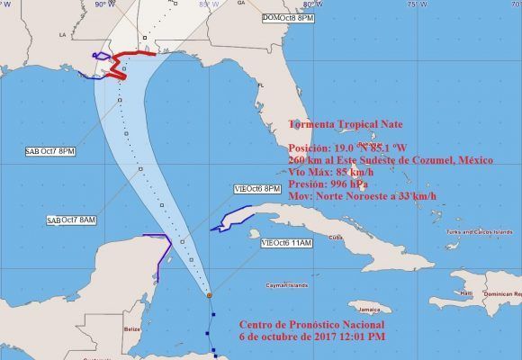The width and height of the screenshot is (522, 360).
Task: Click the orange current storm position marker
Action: click(209, 295)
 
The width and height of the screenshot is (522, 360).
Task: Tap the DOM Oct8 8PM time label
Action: click(288, 18)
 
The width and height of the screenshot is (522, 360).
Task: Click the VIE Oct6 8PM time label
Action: click(256, 188)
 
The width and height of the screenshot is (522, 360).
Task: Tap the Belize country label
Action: click(132, 329)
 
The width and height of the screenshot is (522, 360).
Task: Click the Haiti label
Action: click(465, 292)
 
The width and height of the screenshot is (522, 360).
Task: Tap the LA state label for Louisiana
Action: click(64, 36)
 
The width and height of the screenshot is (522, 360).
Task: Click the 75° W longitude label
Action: click(412, 4)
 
